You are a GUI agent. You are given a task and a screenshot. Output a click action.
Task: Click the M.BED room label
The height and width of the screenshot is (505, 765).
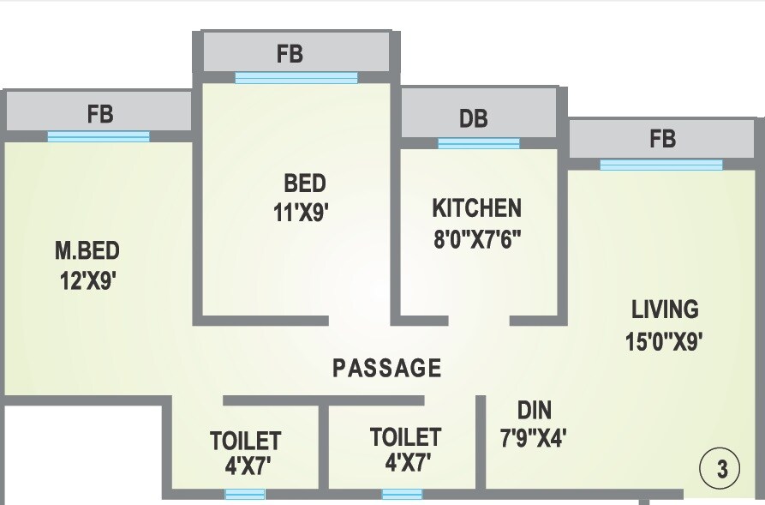[87, 251]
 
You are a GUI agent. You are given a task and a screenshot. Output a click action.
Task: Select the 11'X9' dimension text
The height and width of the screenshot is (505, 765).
[301, 212]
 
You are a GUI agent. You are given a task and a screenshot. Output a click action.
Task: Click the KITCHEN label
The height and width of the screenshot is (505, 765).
[476, 208]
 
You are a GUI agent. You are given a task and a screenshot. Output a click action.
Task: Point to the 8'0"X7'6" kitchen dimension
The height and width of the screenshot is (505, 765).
[477, 237]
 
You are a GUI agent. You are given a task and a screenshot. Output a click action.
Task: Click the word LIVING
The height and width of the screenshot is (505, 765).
[665, 309]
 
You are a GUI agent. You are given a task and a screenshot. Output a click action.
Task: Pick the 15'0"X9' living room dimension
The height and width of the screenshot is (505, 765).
[664, 341]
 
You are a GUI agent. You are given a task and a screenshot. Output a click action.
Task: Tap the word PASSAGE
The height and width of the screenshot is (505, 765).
[387, 369]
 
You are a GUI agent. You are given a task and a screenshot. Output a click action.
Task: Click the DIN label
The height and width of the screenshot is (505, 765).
[535, 409]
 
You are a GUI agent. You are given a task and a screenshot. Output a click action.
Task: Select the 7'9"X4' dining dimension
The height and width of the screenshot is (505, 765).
[533, 438]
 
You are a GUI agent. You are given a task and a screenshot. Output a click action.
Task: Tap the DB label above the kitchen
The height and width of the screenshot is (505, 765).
[474, 118]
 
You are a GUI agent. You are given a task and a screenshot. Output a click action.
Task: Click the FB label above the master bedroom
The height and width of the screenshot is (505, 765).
[100, 113]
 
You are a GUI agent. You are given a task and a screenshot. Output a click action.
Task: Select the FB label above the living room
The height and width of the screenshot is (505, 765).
[662, 138]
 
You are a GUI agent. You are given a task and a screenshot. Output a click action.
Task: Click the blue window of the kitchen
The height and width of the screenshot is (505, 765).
[479, 143]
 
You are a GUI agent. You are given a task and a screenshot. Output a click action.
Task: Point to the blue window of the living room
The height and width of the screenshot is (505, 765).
[660, 165]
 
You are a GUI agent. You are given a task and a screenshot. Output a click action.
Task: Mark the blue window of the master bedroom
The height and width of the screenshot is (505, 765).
[99, 136]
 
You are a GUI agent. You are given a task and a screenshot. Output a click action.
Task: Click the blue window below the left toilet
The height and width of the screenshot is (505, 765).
[245, 494]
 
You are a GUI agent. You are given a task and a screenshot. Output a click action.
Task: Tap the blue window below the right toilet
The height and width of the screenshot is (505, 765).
[402, 494]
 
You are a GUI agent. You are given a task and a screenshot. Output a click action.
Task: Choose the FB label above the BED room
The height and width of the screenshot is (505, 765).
[290, 53]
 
